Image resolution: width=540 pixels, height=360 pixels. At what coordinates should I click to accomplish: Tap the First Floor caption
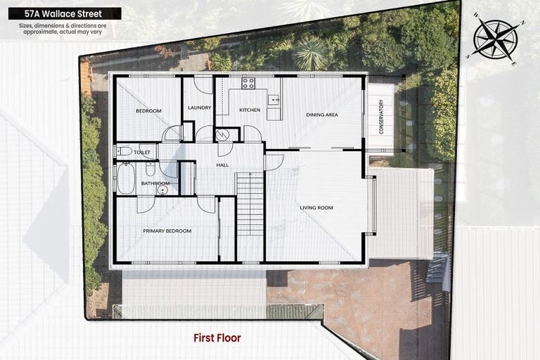pyautogui.click(x=217, y=338)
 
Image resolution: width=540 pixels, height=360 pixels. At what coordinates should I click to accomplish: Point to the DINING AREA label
pyautogui.click(x=322, y=115)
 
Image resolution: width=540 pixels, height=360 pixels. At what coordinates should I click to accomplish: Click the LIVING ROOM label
pyautogui.click(x=316, y=207)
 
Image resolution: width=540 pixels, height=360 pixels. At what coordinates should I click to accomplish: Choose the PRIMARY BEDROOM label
pyautogui.click(x=167, y=231)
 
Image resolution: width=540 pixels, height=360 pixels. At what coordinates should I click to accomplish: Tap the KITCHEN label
pyautogui.click(x=250, y=110)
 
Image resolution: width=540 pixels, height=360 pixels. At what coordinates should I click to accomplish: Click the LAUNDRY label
pyautogui.click(x=200, y=108)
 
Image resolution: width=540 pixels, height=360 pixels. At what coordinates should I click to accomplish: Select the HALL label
pyautogui.click(x=222, y=165)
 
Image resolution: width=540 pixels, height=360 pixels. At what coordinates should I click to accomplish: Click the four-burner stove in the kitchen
pyautogui.click(x=248, y=83)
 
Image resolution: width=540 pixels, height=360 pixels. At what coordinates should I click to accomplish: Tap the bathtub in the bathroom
pyautogui.click(x=126, y=179)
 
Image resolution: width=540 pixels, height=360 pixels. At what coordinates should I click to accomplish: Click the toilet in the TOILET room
pyautogui.click(x=124, y=150)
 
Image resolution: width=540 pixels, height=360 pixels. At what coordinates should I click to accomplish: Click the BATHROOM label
pyautogui.click(x=155, y=184)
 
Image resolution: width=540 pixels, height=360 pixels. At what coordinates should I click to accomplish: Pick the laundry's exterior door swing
pyautogui.click(x=203, y=84)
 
